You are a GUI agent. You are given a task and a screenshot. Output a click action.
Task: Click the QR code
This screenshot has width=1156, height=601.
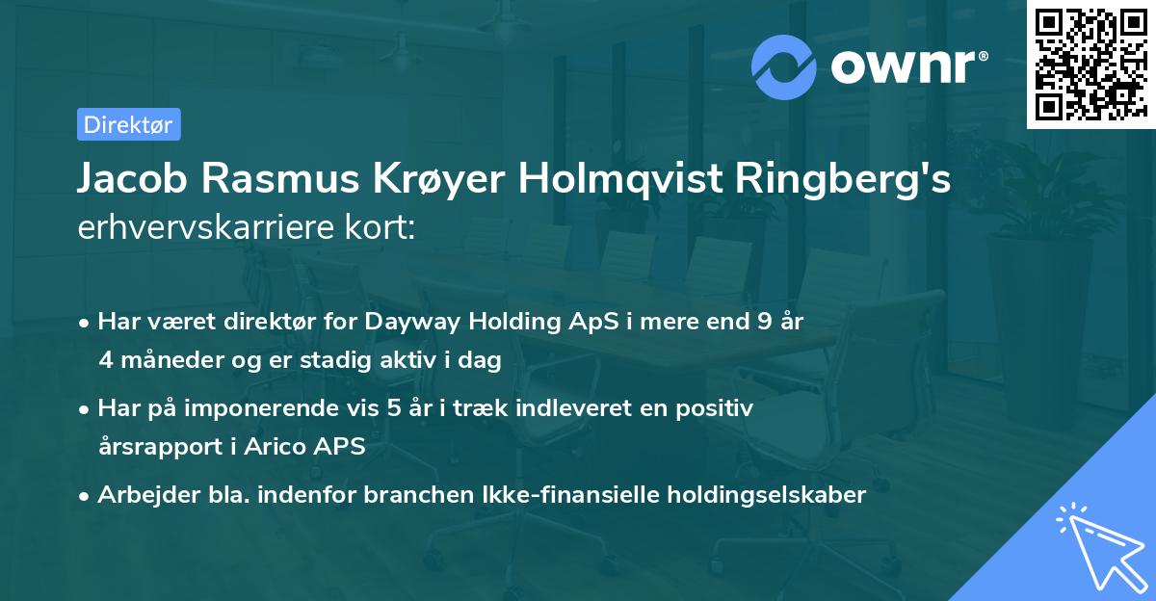[x=1089, y=65]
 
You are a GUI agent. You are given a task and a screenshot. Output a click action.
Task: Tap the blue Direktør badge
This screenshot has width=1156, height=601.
[x=128, y=124]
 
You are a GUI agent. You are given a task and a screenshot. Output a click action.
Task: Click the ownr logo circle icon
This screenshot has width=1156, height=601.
[x=784, y=66]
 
